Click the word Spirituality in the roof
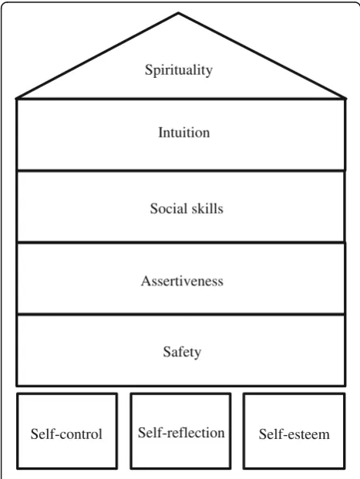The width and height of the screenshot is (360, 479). [x=179, y=70]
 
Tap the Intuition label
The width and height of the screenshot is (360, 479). [x=184, y=133]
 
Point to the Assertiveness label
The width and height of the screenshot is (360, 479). [x=182, y=281]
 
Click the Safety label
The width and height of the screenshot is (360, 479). [x=182, y=352]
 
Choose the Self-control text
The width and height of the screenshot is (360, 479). [x=66, y=434]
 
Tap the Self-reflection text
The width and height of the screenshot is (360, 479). [x=181, y=433]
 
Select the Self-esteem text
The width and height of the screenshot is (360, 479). [x=294, y=434]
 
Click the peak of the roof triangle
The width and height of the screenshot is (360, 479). [x=179, y=13]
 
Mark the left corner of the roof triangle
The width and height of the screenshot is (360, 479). [x=16, y=99]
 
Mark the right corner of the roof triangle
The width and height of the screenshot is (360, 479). [x=345, y=99]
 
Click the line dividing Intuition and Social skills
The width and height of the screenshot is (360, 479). [x=181, y=170]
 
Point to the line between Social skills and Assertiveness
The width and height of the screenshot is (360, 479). [x=181, y=242]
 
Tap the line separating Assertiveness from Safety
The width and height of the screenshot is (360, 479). [x=181, y=314]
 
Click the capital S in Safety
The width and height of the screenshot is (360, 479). [x=167, y=351]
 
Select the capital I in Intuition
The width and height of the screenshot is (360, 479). [x=160, y=133]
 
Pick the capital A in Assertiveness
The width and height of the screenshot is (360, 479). [x=146, y=281]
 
